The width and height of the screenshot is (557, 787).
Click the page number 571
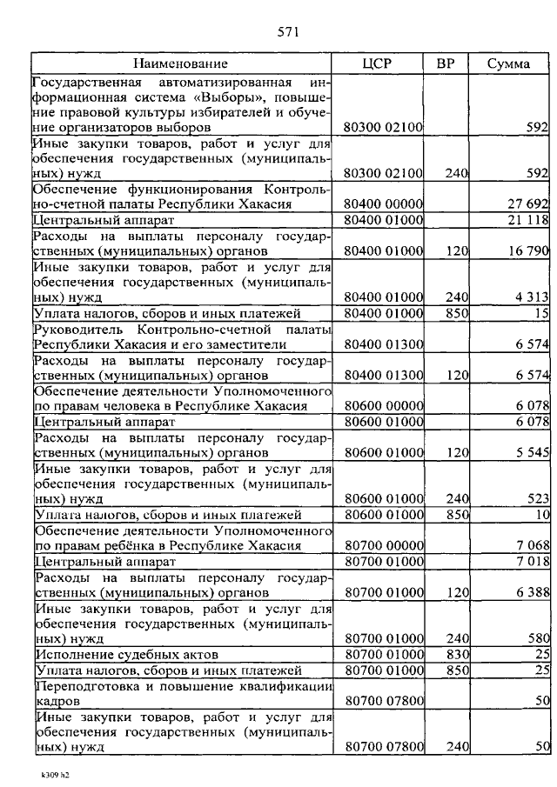click(x=289, y=32)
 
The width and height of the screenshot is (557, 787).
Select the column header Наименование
click(x=181, y=63)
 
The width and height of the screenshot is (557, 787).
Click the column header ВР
click(x=445, y=63)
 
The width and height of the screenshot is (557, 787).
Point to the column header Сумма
click(x=509, y=63)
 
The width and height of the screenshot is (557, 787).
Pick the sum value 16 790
click(x=527, y=250)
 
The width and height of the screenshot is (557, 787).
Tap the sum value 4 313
click(x=531, y=297)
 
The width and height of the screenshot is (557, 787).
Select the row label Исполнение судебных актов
click(x=126, y=654)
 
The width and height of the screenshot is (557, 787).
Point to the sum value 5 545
click(x=531, y=453)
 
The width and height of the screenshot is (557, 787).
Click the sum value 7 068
click(x=531, y=545)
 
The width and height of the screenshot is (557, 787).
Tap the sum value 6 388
click(x=531, y=592)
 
